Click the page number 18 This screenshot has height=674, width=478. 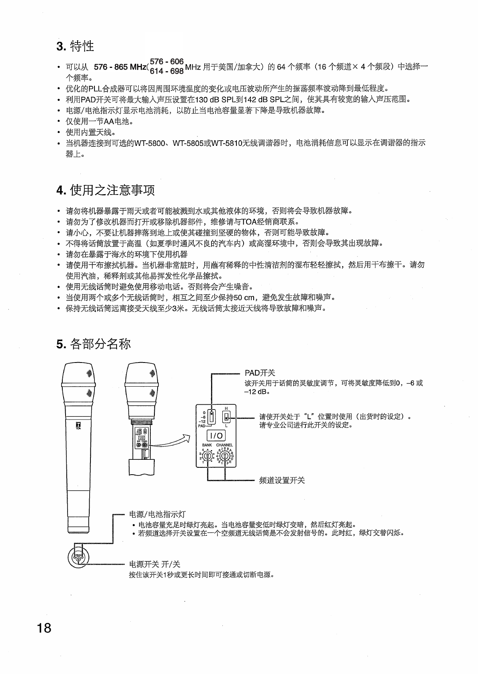tap(44, 627)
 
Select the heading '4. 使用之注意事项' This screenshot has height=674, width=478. tap(105, 190)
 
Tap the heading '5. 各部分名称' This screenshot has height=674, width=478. tap(93, 344)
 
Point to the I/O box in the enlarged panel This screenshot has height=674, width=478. tap(216, 436)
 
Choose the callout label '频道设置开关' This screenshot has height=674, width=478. tap(282, 480)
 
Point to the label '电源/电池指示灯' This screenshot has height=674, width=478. tap(157, 514)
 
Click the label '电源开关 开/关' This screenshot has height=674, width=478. tap(154, 564)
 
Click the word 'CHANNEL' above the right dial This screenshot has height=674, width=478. tap(224, 445)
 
